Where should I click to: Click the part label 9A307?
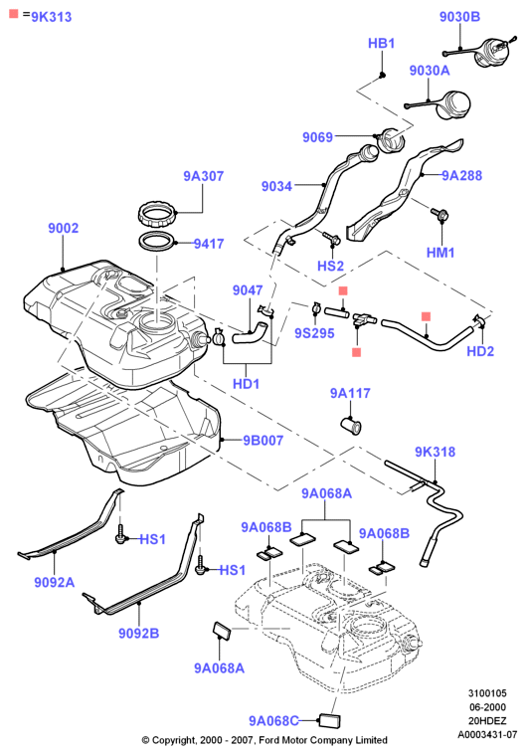204,176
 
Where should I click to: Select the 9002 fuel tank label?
63,228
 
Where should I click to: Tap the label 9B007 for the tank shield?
263,441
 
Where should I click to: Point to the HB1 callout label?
381,44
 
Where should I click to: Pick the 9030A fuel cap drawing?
452,104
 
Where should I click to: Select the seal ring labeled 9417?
157,241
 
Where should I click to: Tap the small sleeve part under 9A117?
351,426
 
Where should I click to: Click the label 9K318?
436,452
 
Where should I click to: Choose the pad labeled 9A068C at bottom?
329,721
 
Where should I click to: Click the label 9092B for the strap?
139,634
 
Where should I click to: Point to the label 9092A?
55,583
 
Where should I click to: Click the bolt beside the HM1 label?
438,214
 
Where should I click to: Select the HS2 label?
331,266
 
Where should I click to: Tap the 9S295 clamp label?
314,333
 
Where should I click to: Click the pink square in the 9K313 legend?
14,14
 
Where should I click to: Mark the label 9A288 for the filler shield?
462,175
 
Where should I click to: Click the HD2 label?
480,351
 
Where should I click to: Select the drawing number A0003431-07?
487,735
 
